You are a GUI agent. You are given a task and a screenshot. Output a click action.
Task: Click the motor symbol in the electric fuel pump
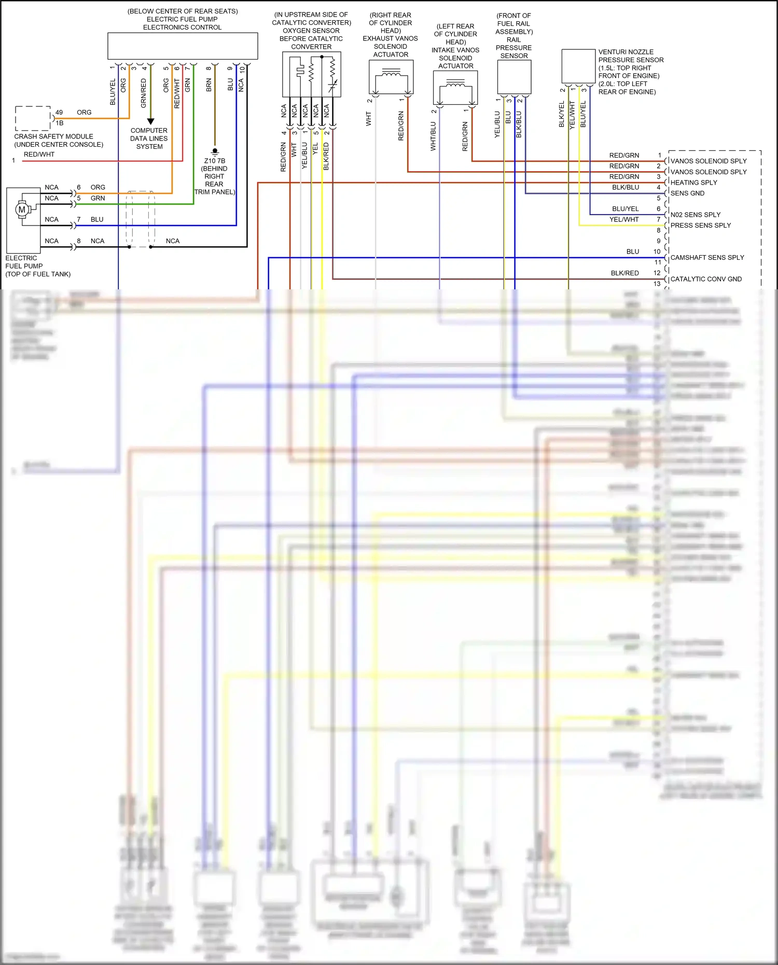(x=21, y=209)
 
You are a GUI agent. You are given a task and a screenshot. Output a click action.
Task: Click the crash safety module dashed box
(x=33, y=118)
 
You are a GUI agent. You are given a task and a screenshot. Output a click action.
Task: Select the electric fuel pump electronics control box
(x=183, y=46)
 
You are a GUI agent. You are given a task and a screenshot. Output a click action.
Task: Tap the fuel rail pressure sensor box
(x=514, y=77)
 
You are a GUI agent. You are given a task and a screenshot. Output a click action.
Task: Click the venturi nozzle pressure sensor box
(x=578, y=66)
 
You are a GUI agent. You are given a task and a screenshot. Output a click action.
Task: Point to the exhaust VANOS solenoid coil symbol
(x=391, y=76)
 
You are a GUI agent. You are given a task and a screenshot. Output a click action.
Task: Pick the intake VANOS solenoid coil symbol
(x=455, y=84)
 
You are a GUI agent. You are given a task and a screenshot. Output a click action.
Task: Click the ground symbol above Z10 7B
(x=215, y=152)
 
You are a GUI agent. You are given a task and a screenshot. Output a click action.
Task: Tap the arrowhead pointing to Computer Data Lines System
(x=150, y=121)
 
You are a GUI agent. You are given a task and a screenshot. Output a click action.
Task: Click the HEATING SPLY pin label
(x=693, y=183)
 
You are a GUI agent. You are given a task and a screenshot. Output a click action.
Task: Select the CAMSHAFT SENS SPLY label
(x=707, y=258)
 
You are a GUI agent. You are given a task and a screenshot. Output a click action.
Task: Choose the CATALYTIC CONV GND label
(x=706, y=279)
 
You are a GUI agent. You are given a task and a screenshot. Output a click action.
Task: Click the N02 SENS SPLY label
(x=695, y=215)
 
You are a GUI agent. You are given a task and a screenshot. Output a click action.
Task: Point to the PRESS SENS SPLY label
(x=700, y=226)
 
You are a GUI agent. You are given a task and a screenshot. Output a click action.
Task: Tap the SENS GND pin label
(x=687, y=193)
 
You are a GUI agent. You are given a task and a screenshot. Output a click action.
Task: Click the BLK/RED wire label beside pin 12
(x=624, y=273)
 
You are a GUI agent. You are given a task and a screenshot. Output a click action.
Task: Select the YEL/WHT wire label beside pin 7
(x=624, y=220)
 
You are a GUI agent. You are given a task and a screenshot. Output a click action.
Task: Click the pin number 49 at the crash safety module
(x=59, y=113)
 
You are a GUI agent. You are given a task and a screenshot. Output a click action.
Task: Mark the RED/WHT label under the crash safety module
(x=39, y=155)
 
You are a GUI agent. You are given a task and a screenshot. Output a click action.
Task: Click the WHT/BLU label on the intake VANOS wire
(x=433, y=136)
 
